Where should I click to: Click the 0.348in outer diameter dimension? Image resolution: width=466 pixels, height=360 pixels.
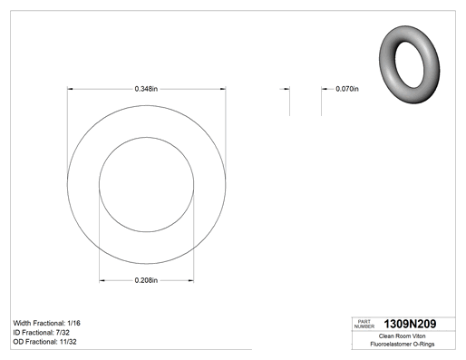pyautogui.click(x=146, y=89)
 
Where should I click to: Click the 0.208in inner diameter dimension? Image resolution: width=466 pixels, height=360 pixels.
pyautogui.click(x=146, y=280)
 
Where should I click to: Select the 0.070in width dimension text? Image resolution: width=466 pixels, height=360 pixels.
pyautogui.click(x=347, y=89)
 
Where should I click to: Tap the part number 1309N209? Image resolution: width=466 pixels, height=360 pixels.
pyautogui.click(x=410, y=324)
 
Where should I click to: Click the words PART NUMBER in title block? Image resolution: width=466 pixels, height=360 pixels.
pyautogui.click(x=364, y=324)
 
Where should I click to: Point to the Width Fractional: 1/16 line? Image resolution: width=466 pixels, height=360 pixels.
pyautogui.click(x=47, y=323)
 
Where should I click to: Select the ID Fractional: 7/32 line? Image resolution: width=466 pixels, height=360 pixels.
pyautogui.click(x=42, y=333)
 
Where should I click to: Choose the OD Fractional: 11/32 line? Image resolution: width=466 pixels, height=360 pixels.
pyautogui.click(x=45, y=342)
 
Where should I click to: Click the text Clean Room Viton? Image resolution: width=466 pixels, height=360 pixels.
pyautogui.click(x=402, y=336)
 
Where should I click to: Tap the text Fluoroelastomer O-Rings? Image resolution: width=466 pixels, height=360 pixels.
pyautogui.click(x=403, y=344)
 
